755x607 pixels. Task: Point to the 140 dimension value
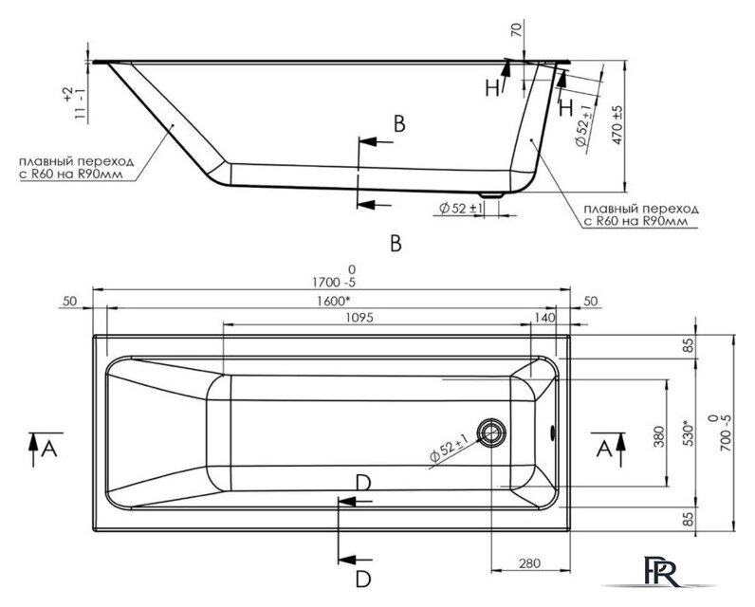[x=544, y=318]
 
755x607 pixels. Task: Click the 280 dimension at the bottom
[x=528, y=564]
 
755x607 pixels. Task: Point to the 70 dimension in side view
[x=516, y=30]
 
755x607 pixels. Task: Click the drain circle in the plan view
[x=492, y=433]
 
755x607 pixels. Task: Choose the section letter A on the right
[x=603, y=447]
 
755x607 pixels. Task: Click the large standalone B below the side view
[x=396, y=244]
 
